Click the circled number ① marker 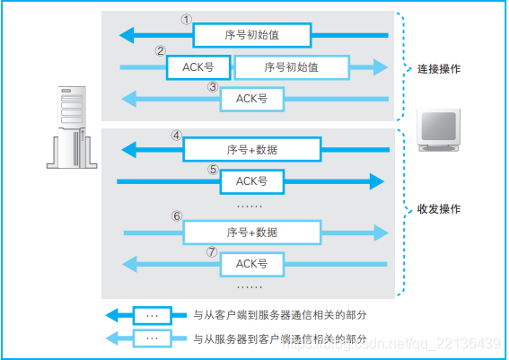coord(187,18)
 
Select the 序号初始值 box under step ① coord(252,36)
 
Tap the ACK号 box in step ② coord(198,67)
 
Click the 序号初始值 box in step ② coord(292,67)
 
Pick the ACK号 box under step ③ coord(251,98)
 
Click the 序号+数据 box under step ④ coord(252,149)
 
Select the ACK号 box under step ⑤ coord(252,181)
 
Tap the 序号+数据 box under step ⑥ coord(252,232)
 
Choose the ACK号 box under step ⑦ coord(252,264)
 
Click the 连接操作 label coord(440,68)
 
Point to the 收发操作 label coord(440,208)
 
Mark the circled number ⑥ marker coord(177,216)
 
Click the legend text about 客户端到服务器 coord(280,316)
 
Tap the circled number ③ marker coord(212,87)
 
